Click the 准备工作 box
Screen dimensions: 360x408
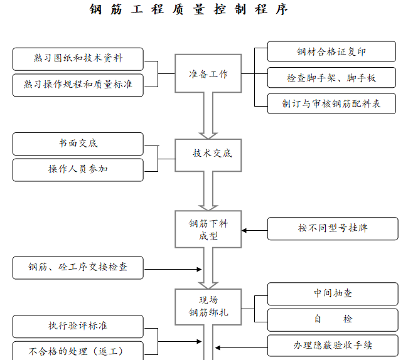click(x=208, y=74)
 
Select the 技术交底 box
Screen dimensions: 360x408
click(x=208, y=153)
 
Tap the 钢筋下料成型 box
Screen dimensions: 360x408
click(x=208, y=229)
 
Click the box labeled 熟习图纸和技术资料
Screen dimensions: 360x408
click(x=78, y=59)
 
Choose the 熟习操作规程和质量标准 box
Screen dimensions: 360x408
click(x=78, y=85)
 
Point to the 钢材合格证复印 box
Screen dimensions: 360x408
click(x=331, y=51)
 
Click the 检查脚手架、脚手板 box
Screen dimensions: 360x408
click(x=331, y=78)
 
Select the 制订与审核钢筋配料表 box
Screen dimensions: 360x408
click(x=331, y=103)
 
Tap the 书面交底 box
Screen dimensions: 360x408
click(x=78, y=144)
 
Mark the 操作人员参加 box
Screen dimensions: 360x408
click(x=78, y=169)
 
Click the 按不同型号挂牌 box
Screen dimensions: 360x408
click(x=333, y=229)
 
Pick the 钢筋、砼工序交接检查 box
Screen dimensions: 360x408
click(x=78, y=267)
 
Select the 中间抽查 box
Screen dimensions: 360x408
click(x=333, y=294)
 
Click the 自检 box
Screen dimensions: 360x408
click(x=333, y=319)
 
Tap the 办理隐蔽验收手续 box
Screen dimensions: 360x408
click(x=333, y=346)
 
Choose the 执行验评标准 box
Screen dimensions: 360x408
click(x=78, y=326)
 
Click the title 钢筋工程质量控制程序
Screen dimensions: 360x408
click(x=188, y=10)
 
